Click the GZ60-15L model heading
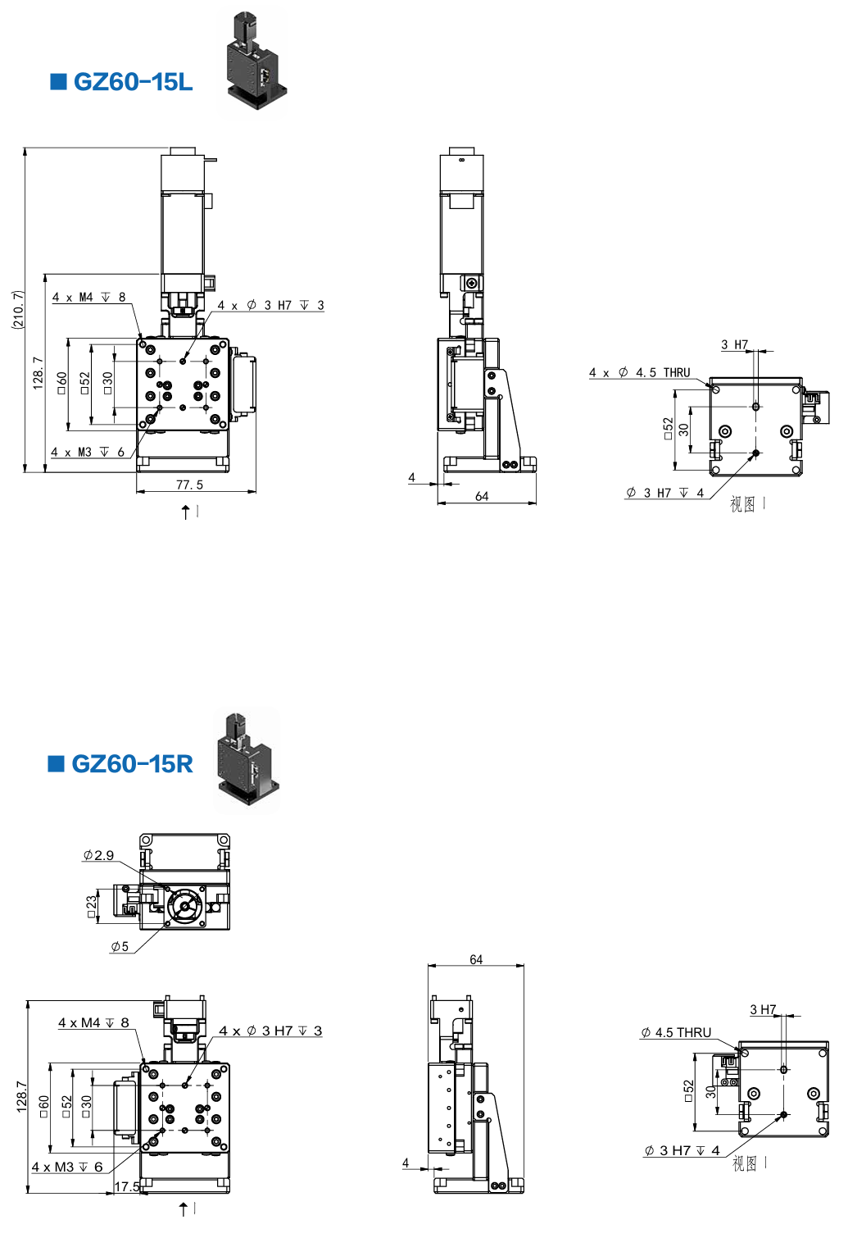[x=133, y=82]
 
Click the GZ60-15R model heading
[x=133, y=763]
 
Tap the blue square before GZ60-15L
[x=58, y=81]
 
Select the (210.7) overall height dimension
[x=18, y=310]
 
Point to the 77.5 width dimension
[x=190, y=485]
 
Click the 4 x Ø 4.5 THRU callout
[x=639, y=372]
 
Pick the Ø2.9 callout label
[x=98, y=854]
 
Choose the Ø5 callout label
[x=120, y=946]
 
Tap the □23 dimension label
[x=91, y=908]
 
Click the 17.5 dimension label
[x=127, y=1186]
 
